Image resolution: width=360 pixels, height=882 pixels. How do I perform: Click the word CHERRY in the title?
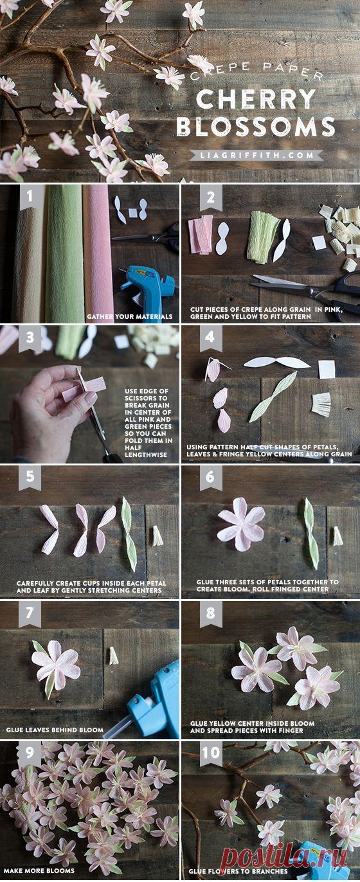[x=256, y=99]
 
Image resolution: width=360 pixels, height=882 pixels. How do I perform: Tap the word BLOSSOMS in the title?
[x=256, y=127]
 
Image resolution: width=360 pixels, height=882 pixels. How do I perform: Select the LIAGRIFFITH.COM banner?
[x=256, y=155]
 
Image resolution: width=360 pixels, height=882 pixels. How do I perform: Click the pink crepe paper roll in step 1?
[x=97, y=252]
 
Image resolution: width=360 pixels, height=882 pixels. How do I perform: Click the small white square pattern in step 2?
[x=319, y=242]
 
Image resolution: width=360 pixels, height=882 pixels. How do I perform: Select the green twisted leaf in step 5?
[x=129, y=534]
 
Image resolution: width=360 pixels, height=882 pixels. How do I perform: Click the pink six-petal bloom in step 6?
[x=241, y=524]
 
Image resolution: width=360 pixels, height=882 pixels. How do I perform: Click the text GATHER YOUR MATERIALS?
[x=130, y=316]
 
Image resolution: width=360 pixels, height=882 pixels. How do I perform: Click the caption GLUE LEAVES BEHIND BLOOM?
[x=55, y=730]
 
